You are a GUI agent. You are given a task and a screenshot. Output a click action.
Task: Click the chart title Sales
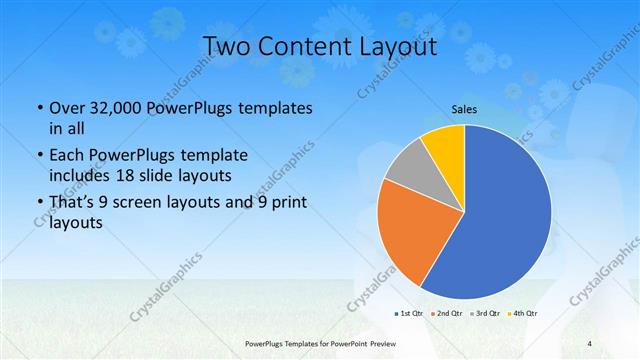pyautogui.click(x=464, y=110)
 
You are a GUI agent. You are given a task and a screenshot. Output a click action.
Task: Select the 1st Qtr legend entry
pyautogui.click(x=412, y=313)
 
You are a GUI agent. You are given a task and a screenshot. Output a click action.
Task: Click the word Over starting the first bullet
pyautogui.click(x=65, y=108)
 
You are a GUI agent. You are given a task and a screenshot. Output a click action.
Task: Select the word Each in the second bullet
pyautogui.click(x=66, y=155)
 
